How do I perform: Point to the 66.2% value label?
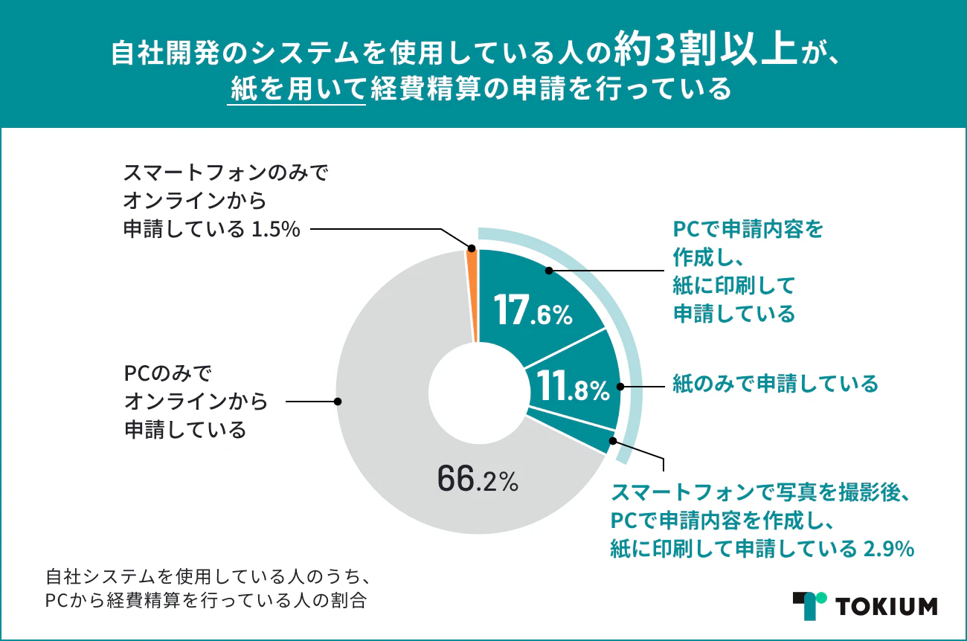point(477,480)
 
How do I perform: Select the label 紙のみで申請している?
point(775,384)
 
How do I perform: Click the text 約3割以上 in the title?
point(701,53)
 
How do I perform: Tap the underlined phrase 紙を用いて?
point(296,90)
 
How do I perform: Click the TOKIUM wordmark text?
point(887,606)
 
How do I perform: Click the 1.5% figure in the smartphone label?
point(275,230)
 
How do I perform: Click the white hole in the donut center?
point(478,391)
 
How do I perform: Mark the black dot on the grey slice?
point(338,402)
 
